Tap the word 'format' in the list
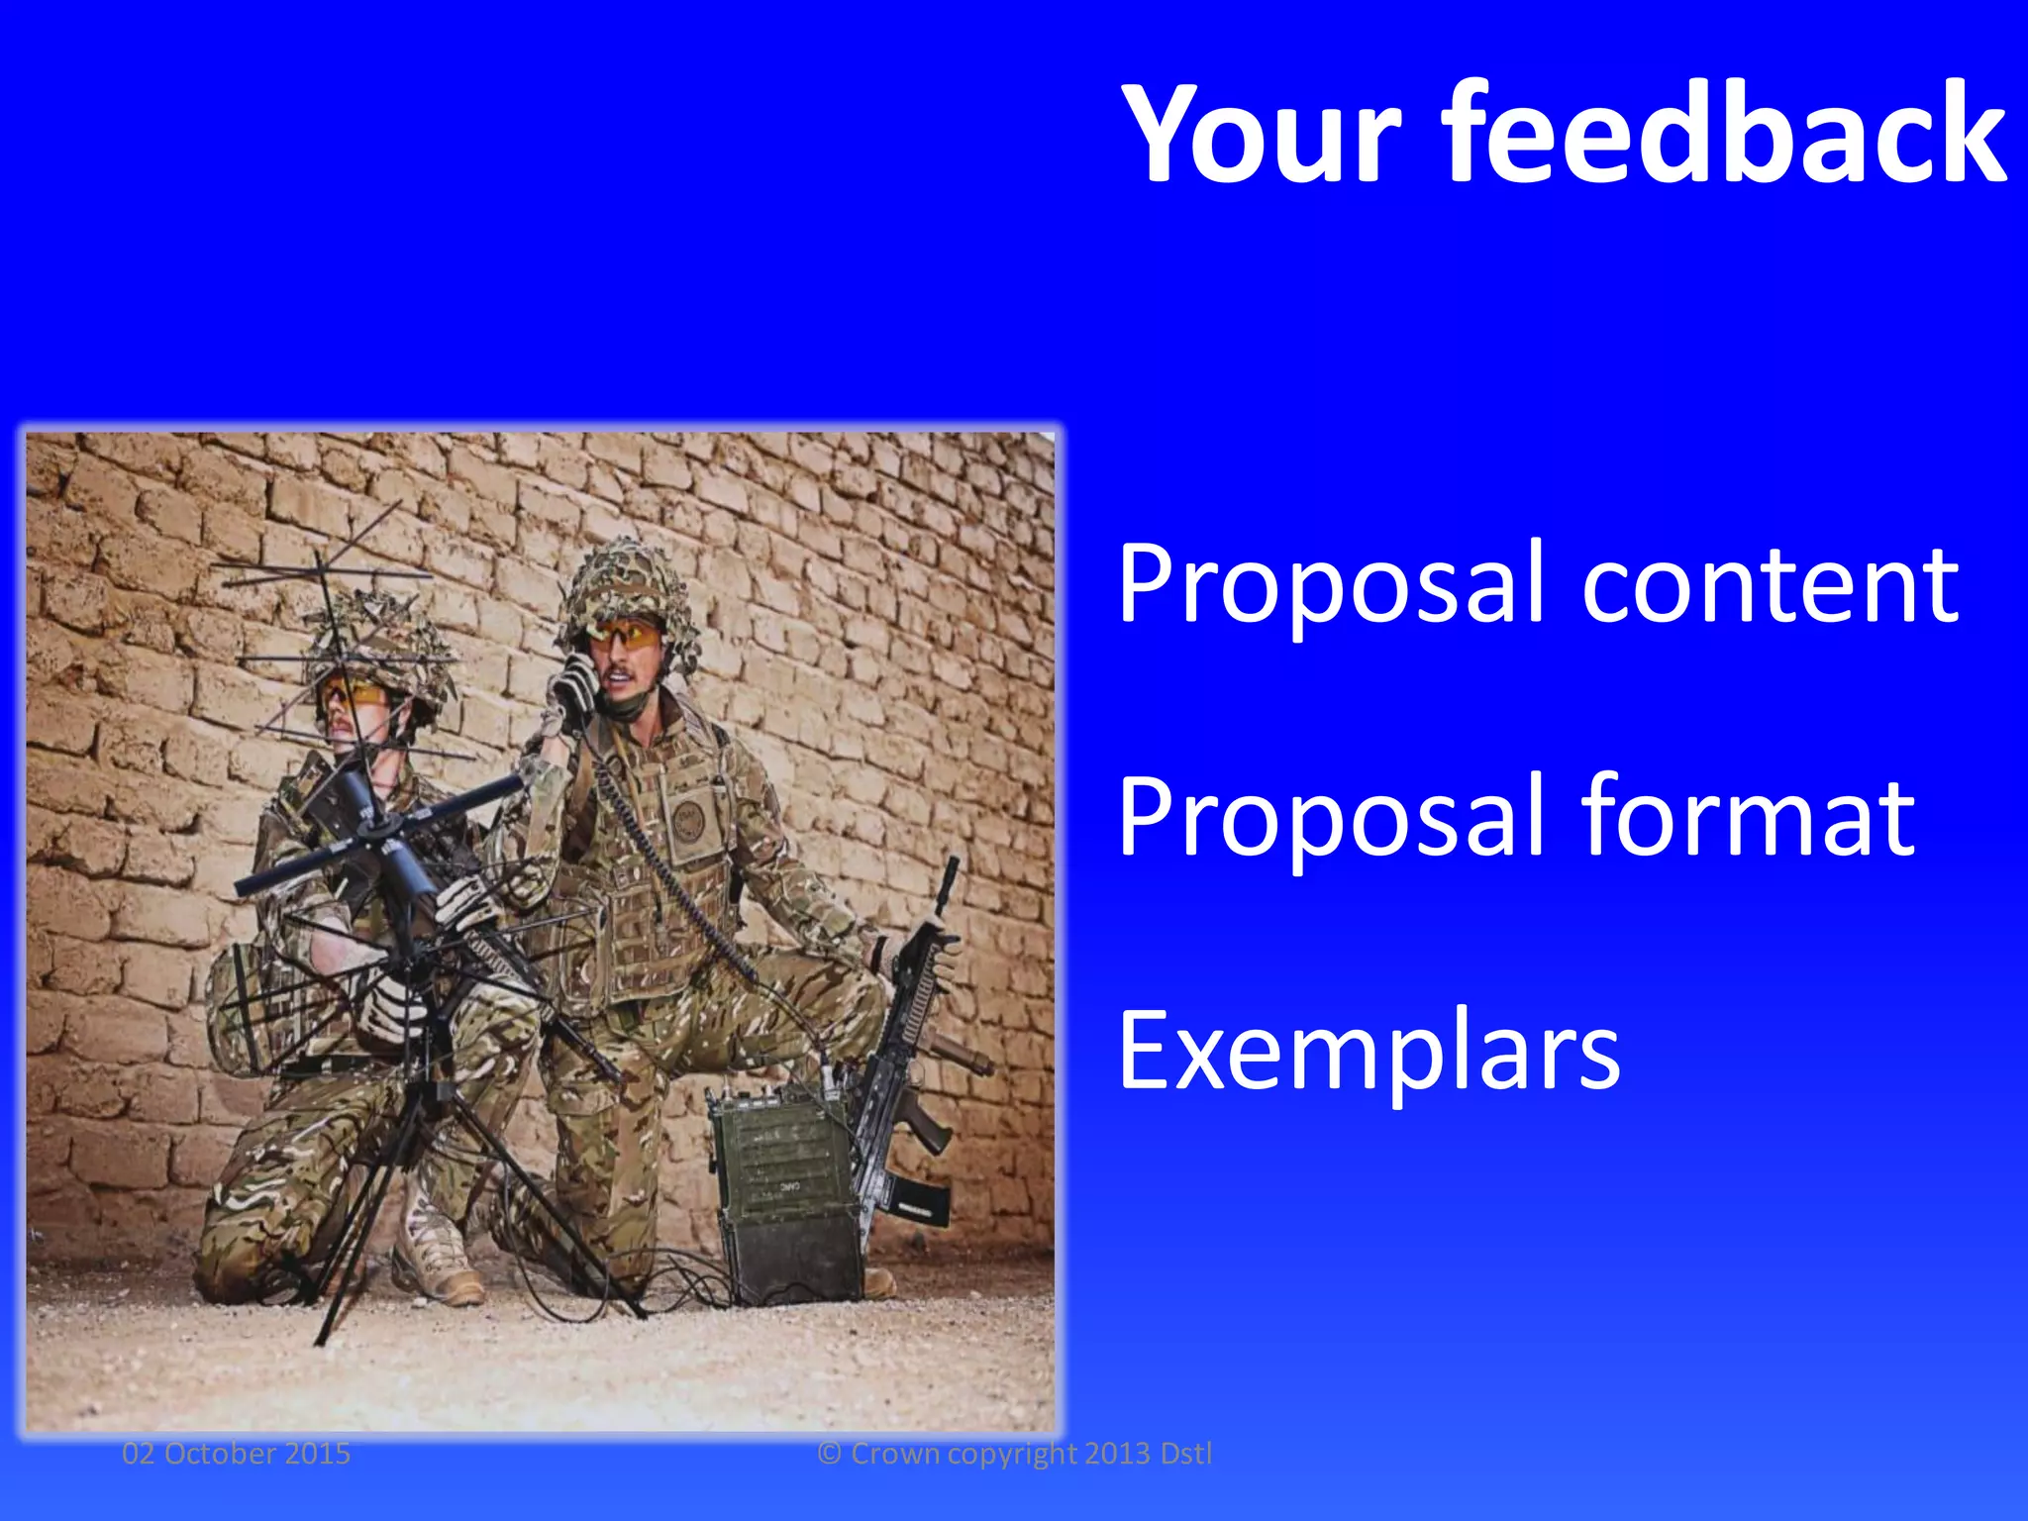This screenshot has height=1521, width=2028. coord(1748,817)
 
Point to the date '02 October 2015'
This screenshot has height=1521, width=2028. coord(236,1453)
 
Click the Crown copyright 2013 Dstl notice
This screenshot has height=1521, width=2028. coord(1014,1453)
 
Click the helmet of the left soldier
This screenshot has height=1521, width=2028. coord(381,644)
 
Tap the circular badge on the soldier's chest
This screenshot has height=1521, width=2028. coord(689,820)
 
